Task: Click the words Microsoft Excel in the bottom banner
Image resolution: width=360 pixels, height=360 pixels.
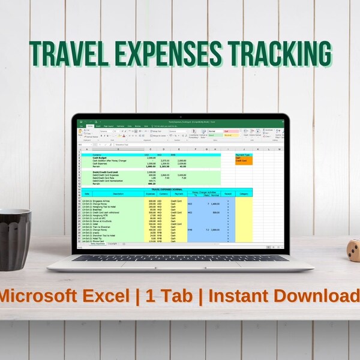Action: click(64, 296)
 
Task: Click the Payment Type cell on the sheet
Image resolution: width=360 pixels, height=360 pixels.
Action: click(243, 154)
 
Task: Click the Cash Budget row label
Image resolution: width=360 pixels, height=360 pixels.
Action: click(101, 158)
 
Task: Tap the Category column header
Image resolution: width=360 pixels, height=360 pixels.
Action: click(244, 194)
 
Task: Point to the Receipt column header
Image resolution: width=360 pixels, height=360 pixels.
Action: click(228, 194)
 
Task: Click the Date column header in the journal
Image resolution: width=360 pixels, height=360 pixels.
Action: click(86, 194)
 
